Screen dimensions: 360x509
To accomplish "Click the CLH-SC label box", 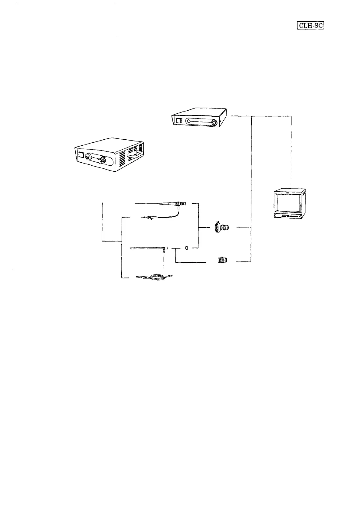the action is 311,26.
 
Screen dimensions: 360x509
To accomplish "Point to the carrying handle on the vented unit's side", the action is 133,155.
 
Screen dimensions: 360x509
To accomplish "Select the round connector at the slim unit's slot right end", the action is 214,123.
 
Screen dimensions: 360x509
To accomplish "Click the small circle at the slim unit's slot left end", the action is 188,122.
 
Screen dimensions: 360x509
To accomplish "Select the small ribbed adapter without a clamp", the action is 222,260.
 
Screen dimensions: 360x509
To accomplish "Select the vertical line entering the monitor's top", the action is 291,151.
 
